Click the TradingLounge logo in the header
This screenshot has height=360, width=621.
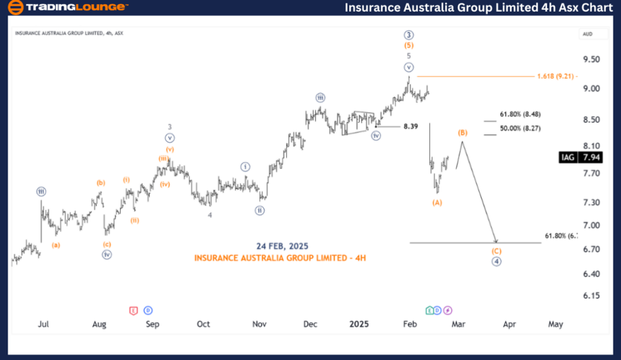67,8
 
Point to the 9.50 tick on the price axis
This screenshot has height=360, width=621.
591,59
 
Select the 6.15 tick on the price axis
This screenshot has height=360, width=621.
591,296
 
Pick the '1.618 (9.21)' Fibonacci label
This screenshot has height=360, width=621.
556,76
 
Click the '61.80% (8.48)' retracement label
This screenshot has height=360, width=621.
520,114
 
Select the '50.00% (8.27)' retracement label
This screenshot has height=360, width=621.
520,128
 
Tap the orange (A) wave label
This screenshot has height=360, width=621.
437,202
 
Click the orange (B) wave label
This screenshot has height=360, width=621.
463,132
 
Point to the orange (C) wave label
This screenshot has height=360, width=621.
495,250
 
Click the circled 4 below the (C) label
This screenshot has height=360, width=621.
495,261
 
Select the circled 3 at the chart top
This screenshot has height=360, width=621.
408,34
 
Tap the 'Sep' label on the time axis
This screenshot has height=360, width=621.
152,323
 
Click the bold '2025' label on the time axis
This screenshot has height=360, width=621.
359,323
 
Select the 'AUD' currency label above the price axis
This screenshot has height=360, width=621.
588,33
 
